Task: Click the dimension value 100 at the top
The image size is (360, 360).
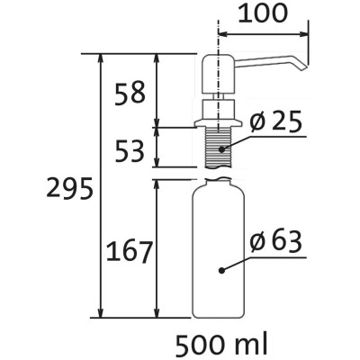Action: pyautogui.click(x=263, y=13)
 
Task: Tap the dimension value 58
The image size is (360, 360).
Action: pyautogui.click(x=130, y=93)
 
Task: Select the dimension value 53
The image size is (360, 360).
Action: pyautogui.click(x=130, y=151)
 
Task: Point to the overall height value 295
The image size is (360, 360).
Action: pyautogui.click(x=69, y=188)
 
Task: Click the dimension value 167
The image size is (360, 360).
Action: pyautogui.click(x=130, y=252)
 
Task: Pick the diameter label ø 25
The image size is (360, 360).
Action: pyautogui.click(x=275, y=122)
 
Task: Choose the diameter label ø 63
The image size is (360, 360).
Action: pyautogui.click(x=275, y=243)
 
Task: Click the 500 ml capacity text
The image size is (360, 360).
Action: pyautogui.click(x=221, y=345)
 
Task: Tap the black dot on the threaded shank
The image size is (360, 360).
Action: pyautogui.click(x=221, y=148)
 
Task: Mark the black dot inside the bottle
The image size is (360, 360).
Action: pyautogui.click(x=221, y=271)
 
